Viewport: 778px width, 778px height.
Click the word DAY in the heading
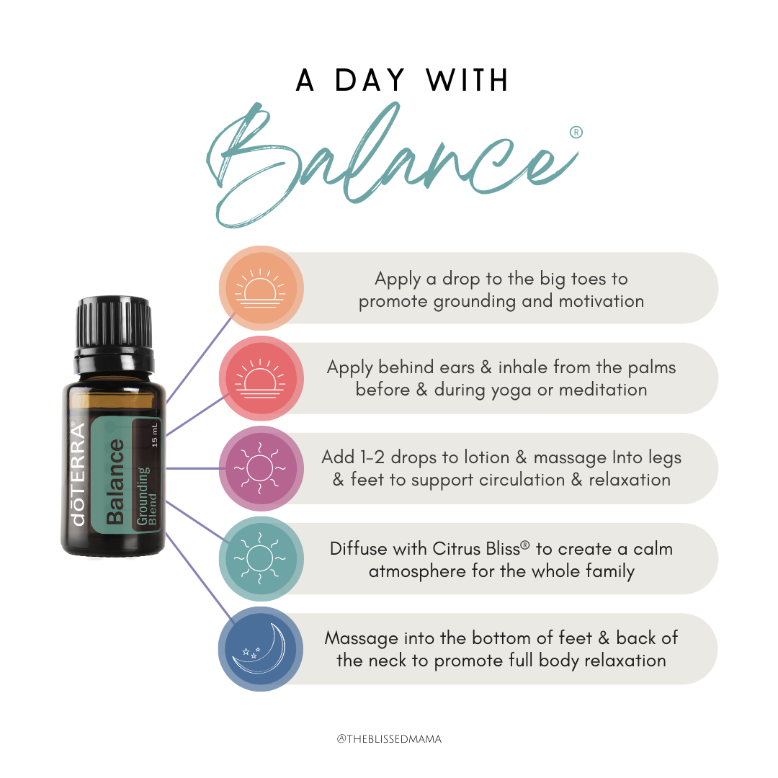click(370, 80)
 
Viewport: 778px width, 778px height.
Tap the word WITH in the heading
click(467, 80)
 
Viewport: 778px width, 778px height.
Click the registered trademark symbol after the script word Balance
click(576, 133)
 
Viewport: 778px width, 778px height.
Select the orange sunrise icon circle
click(261, 288)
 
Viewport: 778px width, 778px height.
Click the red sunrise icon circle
click(261, 379)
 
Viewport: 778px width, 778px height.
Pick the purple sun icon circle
click(261, 468)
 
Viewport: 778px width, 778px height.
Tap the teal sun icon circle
click(261, 559)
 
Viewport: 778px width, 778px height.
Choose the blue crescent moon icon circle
click(261, 649)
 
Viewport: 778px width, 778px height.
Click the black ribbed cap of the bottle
click(114, 323)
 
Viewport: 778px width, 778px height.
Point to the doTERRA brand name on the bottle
click(79, 474)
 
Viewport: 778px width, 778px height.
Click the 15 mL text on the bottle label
click(154, 435)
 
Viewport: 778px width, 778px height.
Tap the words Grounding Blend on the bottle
click(146, 496)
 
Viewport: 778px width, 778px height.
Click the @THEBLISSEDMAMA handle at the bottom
click(389, 739)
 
